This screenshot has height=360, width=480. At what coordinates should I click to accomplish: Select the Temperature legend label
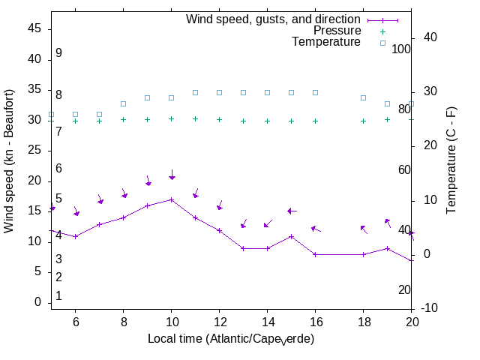326,42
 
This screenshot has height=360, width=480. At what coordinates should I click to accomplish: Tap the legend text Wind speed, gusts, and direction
274,19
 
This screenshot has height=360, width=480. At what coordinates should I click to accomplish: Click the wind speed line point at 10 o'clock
171,199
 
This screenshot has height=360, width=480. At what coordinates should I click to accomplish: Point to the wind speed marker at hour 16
315,254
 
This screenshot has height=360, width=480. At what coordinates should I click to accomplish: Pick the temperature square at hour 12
219,92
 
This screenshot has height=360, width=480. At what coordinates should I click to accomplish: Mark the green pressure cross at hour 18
363,121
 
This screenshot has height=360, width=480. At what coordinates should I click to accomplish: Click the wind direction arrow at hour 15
292,211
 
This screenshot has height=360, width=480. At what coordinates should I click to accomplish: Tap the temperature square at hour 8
123,103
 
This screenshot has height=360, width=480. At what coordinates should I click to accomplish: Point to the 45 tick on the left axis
34,28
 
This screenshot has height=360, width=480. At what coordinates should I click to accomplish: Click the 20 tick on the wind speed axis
34,181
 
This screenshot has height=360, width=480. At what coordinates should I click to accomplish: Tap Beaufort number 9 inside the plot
58,53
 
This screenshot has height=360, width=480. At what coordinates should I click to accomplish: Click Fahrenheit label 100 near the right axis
402,49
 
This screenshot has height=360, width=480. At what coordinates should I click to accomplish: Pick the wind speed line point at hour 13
243,248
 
